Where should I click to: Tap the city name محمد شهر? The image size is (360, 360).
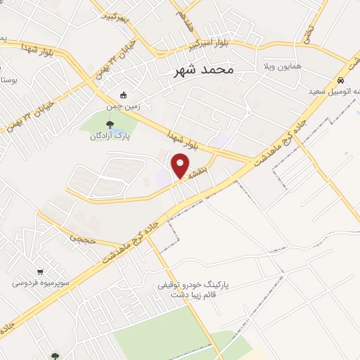point(205,70)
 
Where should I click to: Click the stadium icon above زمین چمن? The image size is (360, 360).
point(124,96)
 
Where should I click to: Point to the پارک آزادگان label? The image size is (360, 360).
point(107,135)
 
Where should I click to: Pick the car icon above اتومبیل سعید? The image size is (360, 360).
point(340,80)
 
